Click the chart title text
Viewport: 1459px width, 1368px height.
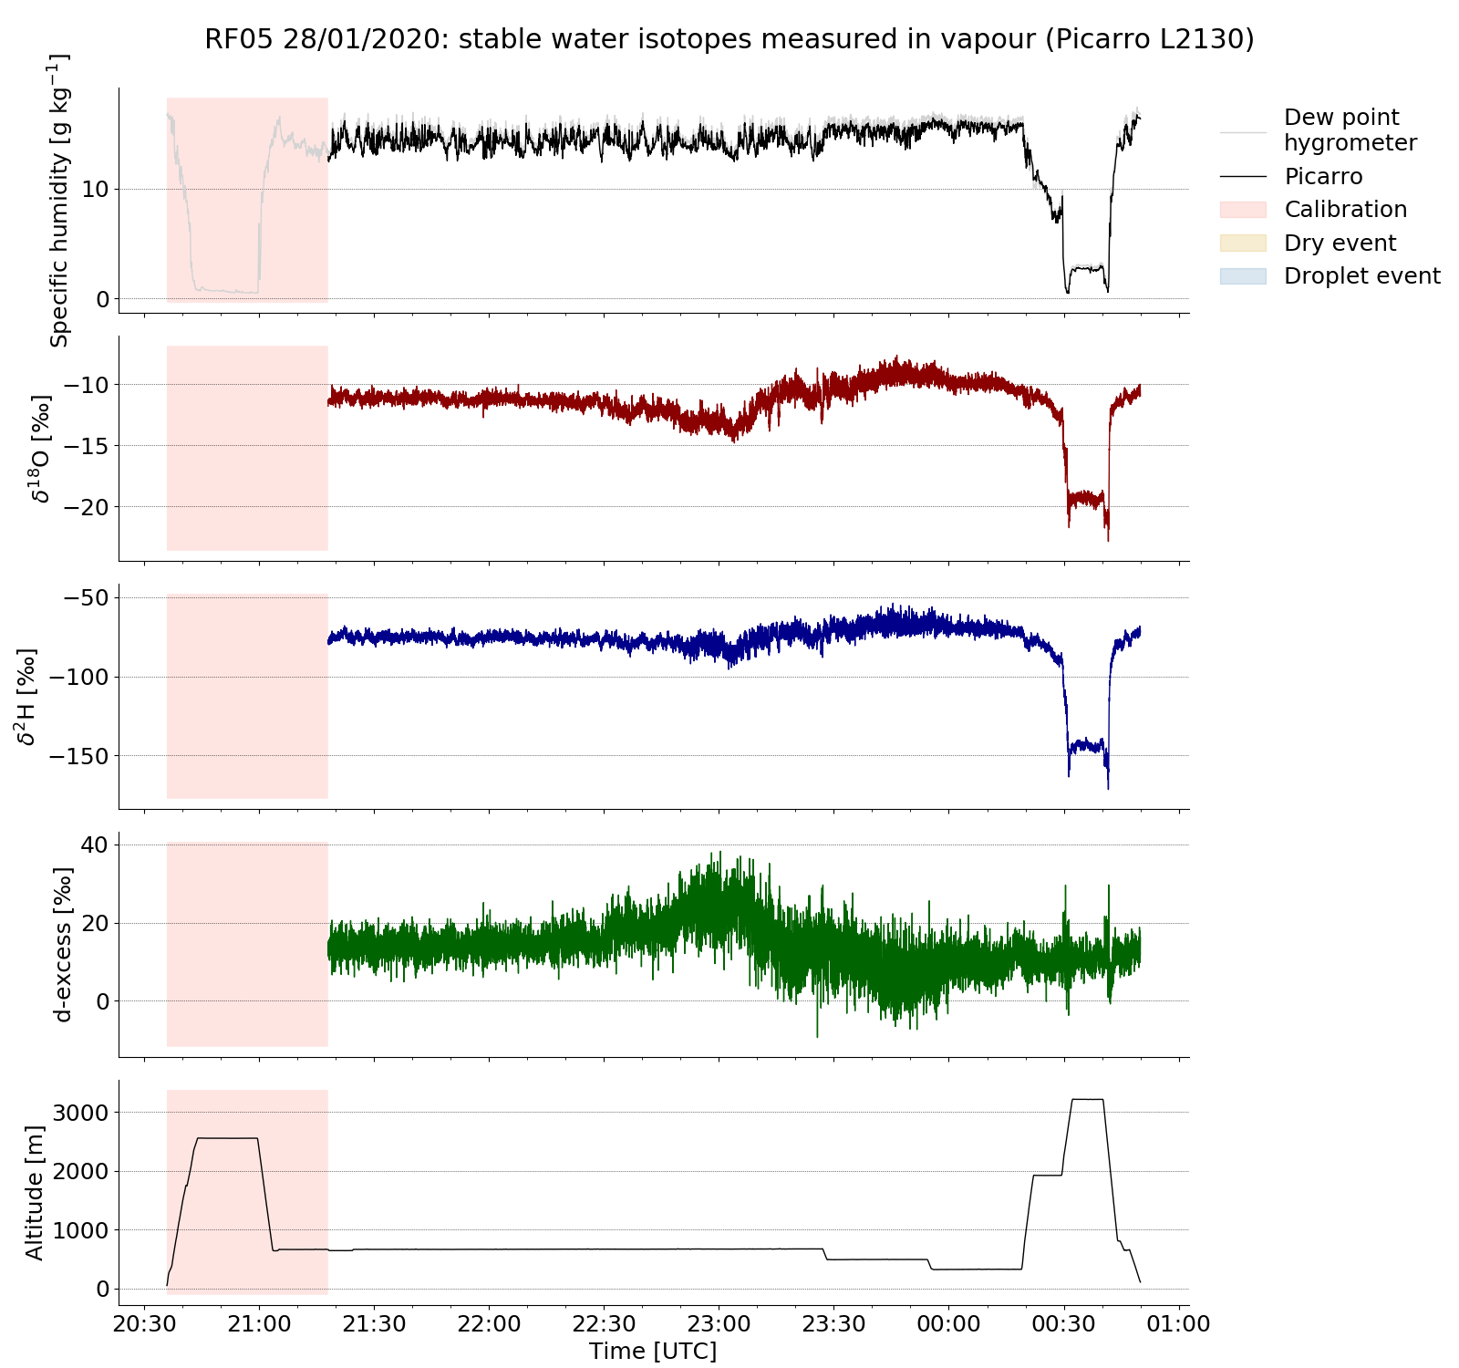[729, 39]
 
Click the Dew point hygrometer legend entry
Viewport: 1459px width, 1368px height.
[1350, 130]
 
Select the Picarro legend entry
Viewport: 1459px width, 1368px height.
[1323, 176]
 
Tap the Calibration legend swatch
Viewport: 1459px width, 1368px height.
[1243, 210]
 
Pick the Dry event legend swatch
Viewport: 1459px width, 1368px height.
[1243, 243]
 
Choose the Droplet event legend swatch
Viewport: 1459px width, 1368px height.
[1243, 275]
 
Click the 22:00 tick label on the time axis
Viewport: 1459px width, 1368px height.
[489, 1323]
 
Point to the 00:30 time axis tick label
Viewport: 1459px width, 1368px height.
[1063, 1323]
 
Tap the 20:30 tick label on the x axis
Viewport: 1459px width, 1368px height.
[144, 1323]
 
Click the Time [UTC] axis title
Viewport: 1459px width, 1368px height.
[653, 1351]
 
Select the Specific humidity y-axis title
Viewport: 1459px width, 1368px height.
[59, 201]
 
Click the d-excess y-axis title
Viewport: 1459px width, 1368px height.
[62, 945]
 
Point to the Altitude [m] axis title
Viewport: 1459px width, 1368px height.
[35, 1193]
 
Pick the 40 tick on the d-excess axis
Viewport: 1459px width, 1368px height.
[95, 845]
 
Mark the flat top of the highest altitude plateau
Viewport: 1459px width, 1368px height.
[1088, 1100]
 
